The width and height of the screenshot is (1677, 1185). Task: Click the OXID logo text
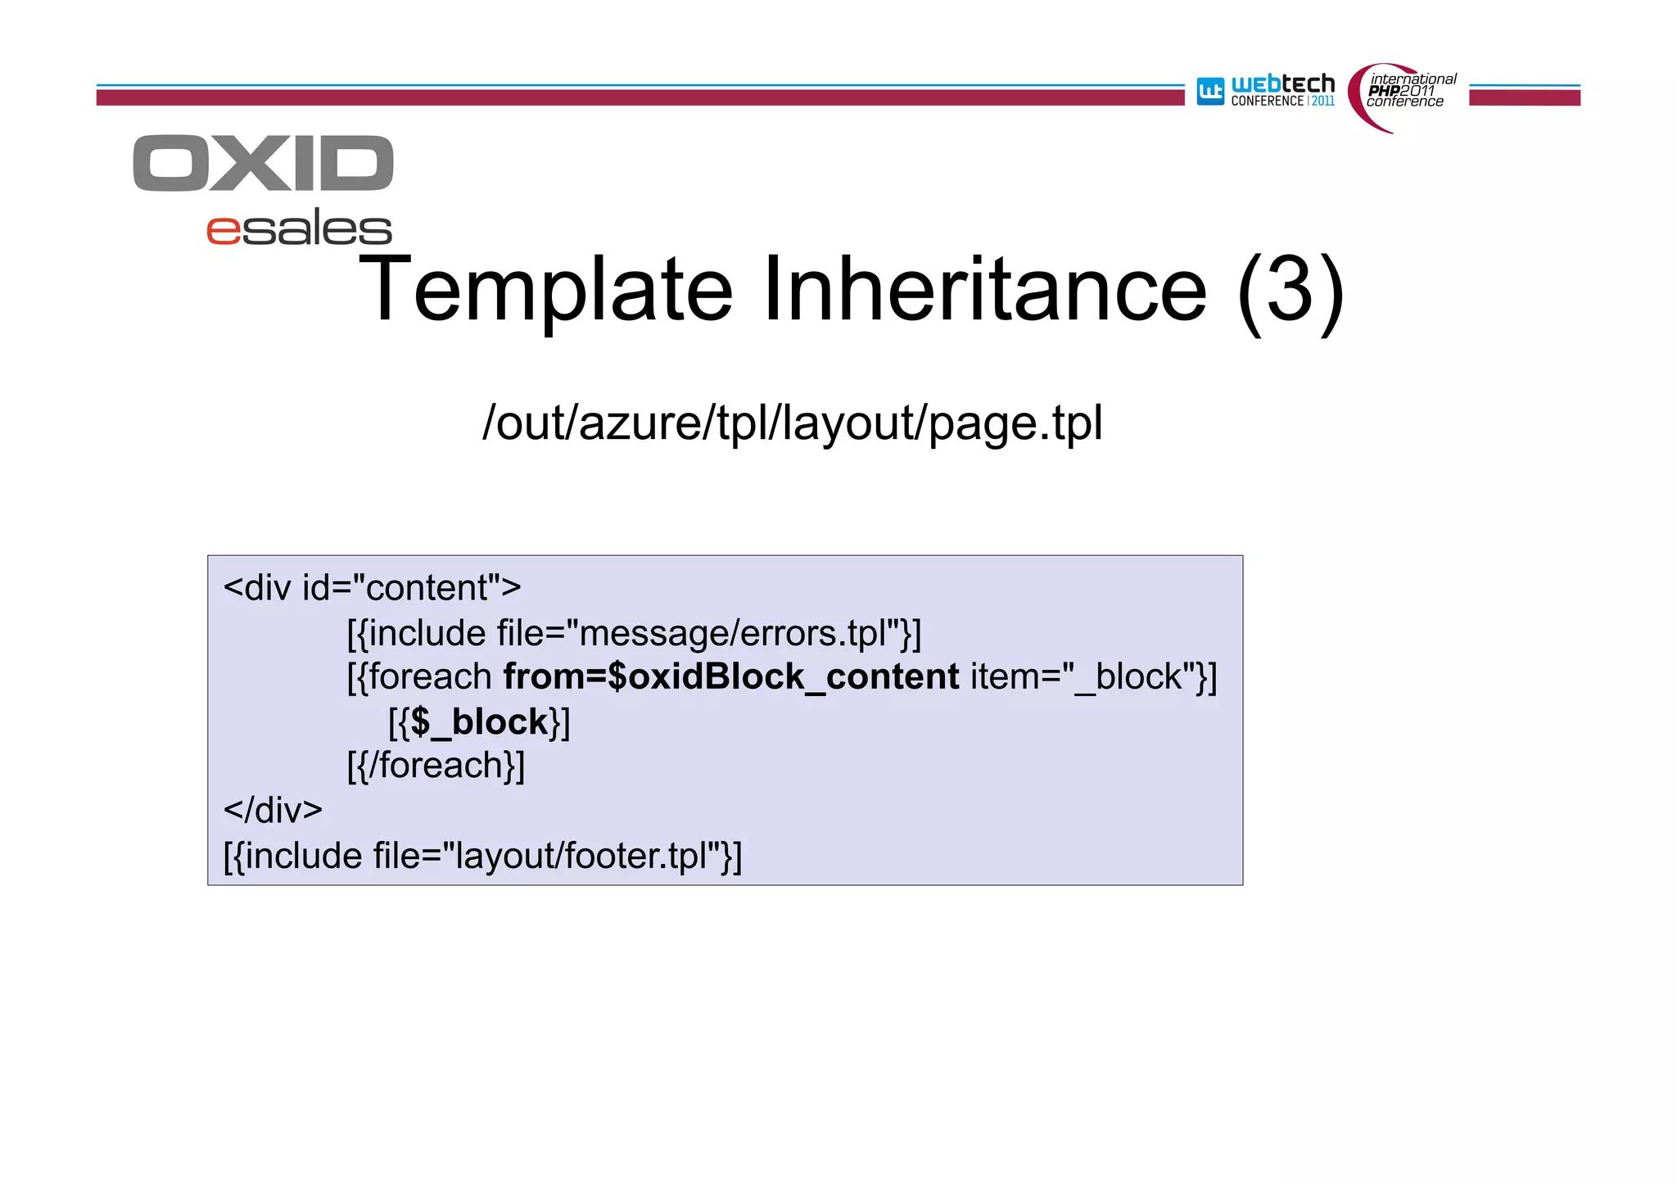263,164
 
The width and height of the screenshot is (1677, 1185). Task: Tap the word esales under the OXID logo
299,228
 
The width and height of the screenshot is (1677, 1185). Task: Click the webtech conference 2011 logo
1265,91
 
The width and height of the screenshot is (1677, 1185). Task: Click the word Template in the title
545,291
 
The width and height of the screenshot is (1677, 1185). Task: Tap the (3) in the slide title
1291,291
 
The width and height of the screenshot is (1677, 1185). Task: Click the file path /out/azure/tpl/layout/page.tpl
792,423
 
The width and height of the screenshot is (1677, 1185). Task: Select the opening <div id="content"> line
372,588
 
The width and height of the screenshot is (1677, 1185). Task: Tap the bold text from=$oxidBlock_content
730,677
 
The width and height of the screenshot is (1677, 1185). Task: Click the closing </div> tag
273,811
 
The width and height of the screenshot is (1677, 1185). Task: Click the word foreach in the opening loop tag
430,677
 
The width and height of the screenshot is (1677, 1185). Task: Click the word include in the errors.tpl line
427,633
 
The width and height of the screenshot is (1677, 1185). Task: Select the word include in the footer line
303,857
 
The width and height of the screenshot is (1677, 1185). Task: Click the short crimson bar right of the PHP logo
1524,97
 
